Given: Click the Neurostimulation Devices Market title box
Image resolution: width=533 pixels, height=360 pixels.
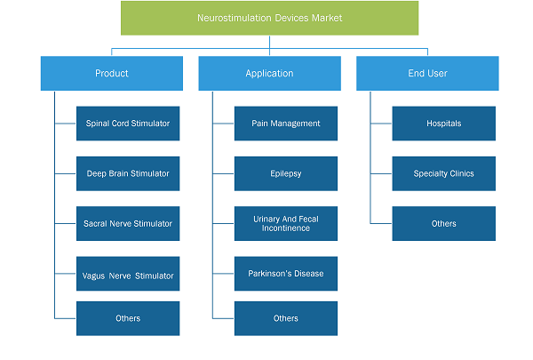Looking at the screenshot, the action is [269, 18].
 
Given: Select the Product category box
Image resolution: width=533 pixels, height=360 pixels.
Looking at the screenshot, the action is [112, 74].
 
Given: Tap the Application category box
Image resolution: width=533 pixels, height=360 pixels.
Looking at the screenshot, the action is [269, 74].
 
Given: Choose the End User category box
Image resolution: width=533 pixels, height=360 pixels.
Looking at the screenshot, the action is [427, 74].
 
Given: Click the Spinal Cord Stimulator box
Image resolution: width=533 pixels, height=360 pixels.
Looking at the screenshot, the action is [128, 124].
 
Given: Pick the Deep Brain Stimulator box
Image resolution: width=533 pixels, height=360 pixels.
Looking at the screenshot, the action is [128, 173].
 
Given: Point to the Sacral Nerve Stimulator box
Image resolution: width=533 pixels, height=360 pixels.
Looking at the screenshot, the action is [128, 223].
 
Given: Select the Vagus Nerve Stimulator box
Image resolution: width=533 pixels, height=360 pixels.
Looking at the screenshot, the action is [128, 274].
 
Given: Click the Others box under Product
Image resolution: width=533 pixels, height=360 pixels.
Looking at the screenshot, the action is [128, 318].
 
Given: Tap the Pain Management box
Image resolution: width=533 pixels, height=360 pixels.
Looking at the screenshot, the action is [286, 124].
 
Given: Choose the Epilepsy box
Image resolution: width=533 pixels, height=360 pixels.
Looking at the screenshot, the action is [286, 173].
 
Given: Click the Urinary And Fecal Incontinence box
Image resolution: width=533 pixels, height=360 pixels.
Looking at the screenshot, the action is [286, 223].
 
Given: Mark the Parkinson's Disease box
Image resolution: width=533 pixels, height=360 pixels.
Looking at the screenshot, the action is [286, 274].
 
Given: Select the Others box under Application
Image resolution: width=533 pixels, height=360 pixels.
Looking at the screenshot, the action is [286, 318].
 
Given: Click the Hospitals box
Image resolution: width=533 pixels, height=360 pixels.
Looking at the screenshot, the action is [444, 124].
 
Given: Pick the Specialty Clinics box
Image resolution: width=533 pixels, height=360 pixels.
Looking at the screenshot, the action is [444, 173].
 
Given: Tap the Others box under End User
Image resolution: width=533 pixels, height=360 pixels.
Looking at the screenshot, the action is [444, 223].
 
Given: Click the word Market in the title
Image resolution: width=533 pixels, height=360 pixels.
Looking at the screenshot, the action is [327, 18].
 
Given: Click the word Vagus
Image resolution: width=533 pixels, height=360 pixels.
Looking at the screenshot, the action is [93, 276].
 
